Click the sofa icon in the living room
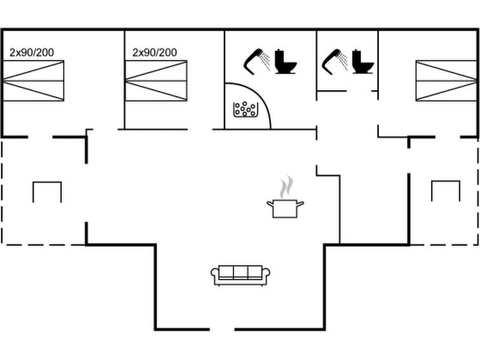coord(240,275)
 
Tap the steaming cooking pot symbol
coord(285,207)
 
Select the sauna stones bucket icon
coord(245,109)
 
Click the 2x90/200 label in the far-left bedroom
coord(32,52)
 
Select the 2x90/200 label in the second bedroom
coord(155,52)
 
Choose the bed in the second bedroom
coord(156,81)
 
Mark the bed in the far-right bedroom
coord(446,81)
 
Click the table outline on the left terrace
coord(47,191)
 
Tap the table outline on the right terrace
coord(445,191)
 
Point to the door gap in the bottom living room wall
coord(222,329)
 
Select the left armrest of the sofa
coord(215,275)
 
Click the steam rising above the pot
coord(287,188)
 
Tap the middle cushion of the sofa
coord(240,272)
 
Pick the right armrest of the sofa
coord(266,275)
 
